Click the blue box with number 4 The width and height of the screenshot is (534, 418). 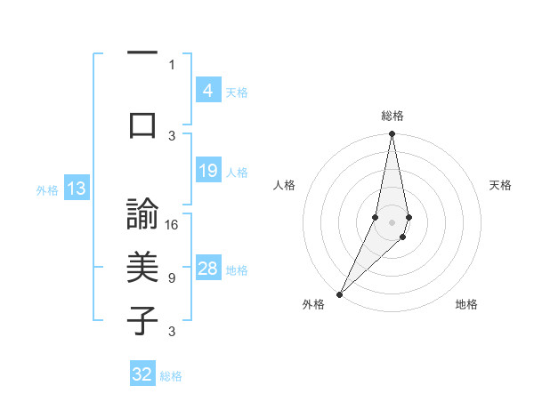pos(207,91)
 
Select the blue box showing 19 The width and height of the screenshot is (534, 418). pos(207,171)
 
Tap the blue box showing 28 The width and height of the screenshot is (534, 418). pos(207,269)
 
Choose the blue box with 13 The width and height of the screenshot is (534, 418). pos(76,189)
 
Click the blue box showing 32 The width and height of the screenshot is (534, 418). pos(142,374)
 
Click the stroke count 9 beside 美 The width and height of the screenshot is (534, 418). pos(171,278)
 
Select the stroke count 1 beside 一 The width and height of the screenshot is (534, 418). pos(172,64)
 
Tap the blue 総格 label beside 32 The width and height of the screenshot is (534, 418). pos(171,376)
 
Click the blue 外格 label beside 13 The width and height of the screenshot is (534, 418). pos(46,189)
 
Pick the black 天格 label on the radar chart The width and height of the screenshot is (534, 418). pos(500,185)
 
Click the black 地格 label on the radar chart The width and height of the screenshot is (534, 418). pos(466,304)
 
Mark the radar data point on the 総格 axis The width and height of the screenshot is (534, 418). pos(392,134)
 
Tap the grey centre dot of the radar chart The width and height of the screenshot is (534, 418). pos(392,221)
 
